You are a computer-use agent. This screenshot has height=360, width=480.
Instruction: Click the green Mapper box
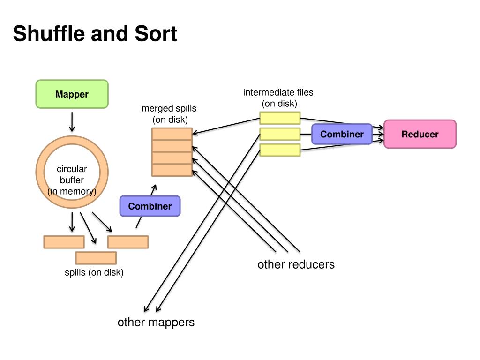click(72, 94)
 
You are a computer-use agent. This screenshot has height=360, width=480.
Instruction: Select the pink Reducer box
click(420, 134)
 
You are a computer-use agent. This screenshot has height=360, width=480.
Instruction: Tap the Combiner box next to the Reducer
click(342, 134)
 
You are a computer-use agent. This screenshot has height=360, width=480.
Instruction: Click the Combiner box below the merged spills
click(150, 206)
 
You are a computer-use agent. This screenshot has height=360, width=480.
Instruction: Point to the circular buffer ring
click(72, 141)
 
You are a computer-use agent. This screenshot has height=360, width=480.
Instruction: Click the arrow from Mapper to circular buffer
click(72, 122)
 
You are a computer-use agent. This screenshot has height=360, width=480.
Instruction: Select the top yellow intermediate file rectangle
click(280, 118)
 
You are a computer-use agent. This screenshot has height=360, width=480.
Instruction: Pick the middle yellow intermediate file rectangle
click(280, 134)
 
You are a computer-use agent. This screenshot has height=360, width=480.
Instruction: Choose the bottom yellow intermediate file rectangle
click(280, 150)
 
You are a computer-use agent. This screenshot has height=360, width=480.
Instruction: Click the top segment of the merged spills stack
click(172, 134)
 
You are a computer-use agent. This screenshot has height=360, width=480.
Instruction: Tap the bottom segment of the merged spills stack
click(172, 170)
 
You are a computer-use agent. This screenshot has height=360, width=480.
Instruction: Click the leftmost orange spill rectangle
click(64, 242)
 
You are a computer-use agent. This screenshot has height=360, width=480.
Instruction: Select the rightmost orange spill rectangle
click(128, 242)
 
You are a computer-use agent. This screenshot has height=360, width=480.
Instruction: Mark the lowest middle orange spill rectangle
click(96, 258)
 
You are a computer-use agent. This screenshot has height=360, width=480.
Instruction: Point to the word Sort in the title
click(156, 33)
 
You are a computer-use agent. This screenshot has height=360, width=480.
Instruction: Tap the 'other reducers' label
click(296, 264)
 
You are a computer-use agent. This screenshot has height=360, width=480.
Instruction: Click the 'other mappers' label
click(156, 322)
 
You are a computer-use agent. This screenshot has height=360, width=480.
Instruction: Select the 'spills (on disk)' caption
click(94, 272)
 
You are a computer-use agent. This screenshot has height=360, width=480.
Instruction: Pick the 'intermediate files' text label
click(278, 92)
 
